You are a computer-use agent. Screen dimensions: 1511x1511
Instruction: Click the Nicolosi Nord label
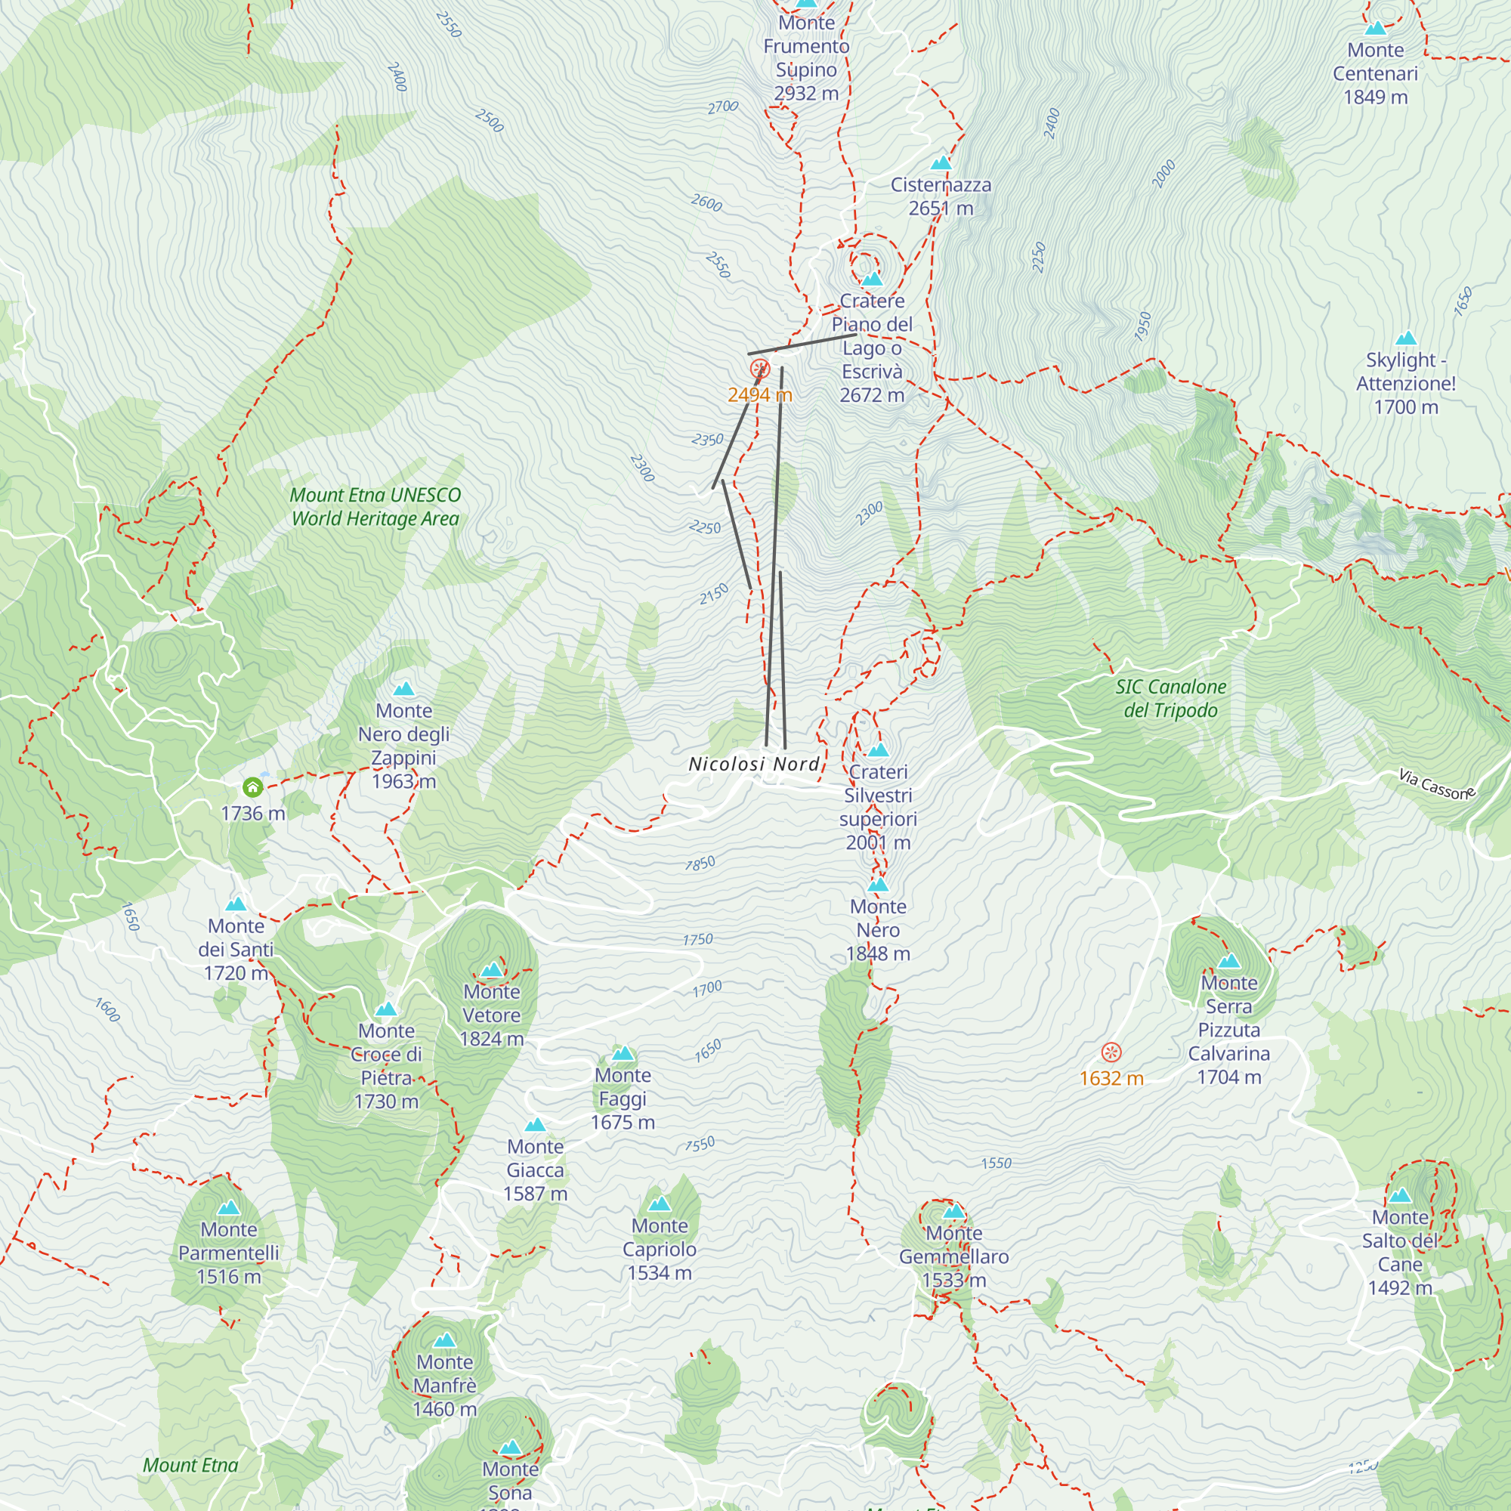coord(754,764)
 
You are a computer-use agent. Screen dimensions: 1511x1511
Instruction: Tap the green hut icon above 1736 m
coord(252,786)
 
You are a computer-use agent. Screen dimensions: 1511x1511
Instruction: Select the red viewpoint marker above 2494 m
coord(759,369)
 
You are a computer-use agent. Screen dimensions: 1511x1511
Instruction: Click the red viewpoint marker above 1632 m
coord(1111,1052)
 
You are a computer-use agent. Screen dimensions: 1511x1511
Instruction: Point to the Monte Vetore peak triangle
coord(491,971)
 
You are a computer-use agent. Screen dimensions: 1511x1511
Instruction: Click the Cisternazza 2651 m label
coord(941,196)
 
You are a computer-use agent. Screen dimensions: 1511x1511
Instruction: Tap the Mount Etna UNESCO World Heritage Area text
coord(375,507)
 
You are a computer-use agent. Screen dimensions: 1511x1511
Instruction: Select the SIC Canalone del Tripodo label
coord(1170,698)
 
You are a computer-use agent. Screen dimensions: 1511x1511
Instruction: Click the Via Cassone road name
coord(1437,784)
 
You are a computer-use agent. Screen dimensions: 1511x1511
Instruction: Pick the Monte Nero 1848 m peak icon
coord(879,885)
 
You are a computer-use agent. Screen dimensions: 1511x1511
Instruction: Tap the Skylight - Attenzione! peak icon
coord(1406,338)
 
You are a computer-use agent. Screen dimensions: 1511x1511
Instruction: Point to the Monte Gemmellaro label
coord(953,1256)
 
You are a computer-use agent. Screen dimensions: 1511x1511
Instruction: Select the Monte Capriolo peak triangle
coord(660,1204)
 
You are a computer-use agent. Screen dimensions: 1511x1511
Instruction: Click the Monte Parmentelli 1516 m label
coord(228,1253)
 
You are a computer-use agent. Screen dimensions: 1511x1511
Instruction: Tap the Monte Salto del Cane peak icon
coord(1400,1195)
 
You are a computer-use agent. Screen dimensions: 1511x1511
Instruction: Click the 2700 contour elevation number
coord(723,107)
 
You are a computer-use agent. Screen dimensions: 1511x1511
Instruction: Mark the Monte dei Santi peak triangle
coord(236,905)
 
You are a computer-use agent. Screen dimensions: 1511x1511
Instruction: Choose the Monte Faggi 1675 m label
coord(623,1098)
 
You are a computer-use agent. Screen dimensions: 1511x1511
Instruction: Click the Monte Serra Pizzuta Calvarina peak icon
coord(1228,961)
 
